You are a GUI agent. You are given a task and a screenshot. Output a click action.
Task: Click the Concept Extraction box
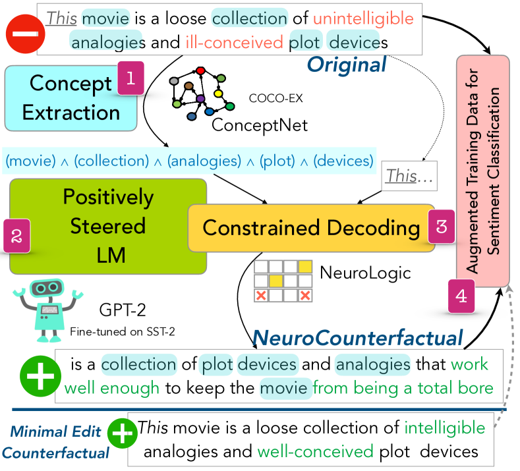click(x=71, y=98)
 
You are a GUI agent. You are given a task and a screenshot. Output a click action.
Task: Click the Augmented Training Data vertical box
click(x=483, y=171)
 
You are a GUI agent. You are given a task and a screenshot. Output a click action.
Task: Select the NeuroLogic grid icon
click(x=284, y=281)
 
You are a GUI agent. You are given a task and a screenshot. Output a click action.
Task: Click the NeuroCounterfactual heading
click(x=358, y=339)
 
